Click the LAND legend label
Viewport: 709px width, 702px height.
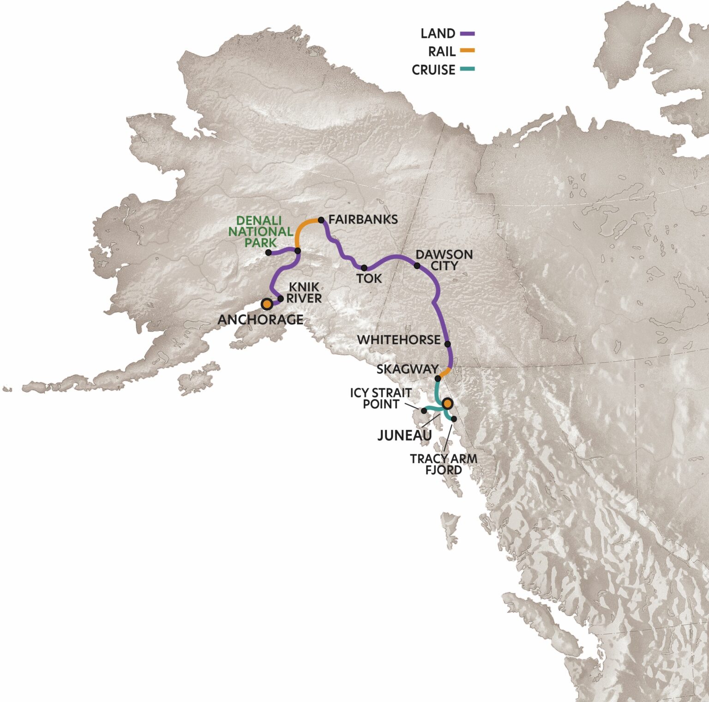pos(438,34)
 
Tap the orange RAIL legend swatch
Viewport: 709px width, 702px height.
pos(467,51)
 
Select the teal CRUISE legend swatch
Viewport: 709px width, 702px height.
pos(467,70)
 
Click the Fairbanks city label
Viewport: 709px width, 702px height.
pos(363,219)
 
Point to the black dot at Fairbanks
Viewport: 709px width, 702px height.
pos(321,220)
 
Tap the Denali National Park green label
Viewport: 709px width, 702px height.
pos(260,231)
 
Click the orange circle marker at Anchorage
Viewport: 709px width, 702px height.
pos(267,304)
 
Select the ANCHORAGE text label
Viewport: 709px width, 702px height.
pos(260,320)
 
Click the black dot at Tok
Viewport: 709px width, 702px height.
pos(364,268)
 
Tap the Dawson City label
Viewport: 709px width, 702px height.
pos(444,260)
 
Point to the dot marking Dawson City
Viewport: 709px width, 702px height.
pos(417,266)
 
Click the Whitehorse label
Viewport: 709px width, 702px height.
pos(399,340)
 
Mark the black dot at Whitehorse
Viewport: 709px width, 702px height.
pos(447,344)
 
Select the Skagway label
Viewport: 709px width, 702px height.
pos(407,369)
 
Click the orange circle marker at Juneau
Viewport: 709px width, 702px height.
pos(447,404)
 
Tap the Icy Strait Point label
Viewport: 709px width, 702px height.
pos(381,398)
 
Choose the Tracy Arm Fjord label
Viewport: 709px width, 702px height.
pos(444,464)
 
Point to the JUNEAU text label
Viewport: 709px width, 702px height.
pos(404,436)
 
